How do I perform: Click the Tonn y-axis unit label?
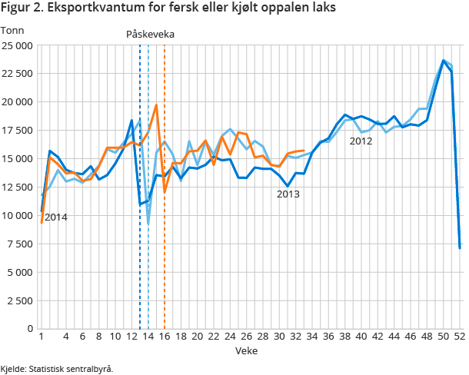[x=12, y=31]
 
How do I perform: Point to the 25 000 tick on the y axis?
[x=17, y=45]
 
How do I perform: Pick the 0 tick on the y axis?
[x=28, y=329]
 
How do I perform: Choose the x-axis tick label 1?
[x=40, y=337]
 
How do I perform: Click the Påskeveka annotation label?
[x=151, y=35]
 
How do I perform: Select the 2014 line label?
[x=55, y=217]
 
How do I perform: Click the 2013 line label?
[x=288, y=194]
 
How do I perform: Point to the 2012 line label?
[x=361, y=141]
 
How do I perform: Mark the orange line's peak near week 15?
[x=156, y=105]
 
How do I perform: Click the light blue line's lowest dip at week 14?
[x=148, y=224]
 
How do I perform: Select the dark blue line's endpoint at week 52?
[x=460, y=247]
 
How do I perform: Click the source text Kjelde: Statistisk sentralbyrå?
[x=57, y=369]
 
